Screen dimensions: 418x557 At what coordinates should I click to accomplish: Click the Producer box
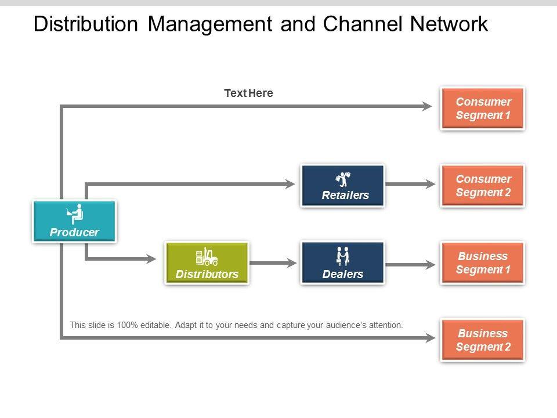tap(74, 221)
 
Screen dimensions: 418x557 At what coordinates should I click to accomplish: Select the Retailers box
tap(342, 185)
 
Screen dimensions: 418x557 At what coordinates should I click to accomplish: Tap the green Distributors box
tap(207, 262)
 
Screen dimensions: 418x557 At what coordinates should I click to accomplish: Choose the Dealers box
tap(342, 262)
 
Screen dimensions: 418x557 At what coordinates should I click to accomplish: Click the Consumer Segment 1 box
tap(483, 108)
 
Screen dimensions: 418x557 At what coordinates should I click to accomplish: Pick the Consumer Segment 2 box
tap(483, 185)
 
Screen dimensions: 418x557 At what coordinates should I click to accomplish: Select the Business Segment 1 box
tap(483, 262)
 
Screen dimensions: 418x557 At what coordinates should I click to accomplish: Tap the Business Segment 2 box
tap(483, 340)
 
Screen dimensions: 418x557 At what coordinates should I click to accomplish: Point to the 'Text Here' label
tap(248, 93)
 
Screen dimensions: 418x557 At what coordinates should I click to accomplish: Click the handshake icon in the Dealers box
tap(343, 255)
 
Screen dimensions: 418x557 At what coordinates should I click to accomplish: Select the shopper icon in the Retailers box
tap(343, 179)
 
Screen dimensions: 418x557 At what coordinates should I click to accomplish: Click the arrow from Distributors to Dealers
tap(274, 263)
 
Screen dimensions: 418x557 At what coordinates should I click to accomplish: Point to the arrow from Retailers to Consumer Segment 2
tap(410, 185)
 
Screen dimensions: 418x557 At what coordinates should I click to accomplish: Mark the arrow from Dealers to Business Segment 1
tap(410, 265)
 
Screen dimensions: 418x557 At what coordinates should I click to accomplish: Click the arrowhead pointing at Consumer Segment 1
tap(427, 106)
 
